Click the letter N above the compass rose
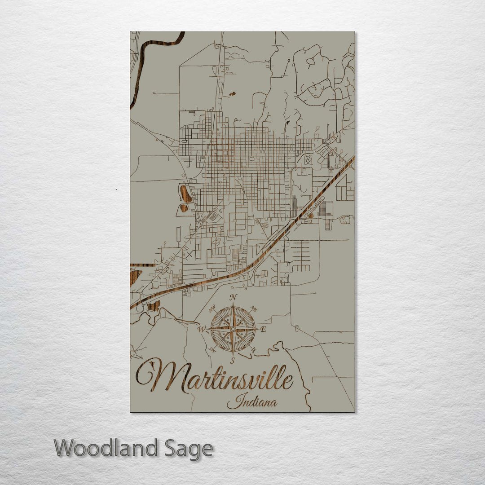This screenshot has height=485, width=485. coord(233,297)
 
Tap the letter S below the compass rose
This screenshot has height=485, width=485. coord(232,360)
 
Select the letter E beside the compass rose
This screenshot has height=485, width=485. coord(264,330)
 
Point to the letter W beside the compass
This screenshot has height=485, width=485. coord(202,329)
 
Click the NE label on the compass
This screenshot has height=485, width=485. coord(254,309)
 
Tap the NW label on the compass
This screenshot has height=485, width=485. coord(212,309)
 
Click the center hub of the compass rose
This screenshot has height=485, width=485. coord(233,329)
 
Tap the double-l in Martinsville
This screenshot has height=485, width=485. coord(278,379)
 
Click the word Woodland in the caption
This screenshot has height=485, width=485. coord(106,448)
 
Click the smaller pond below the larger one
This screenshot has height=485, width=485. coord(184,208)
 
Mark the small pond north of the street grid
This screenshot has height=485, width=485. coord(232,94)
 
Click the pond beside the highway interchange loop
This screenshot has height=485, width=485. coord(154,306)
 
